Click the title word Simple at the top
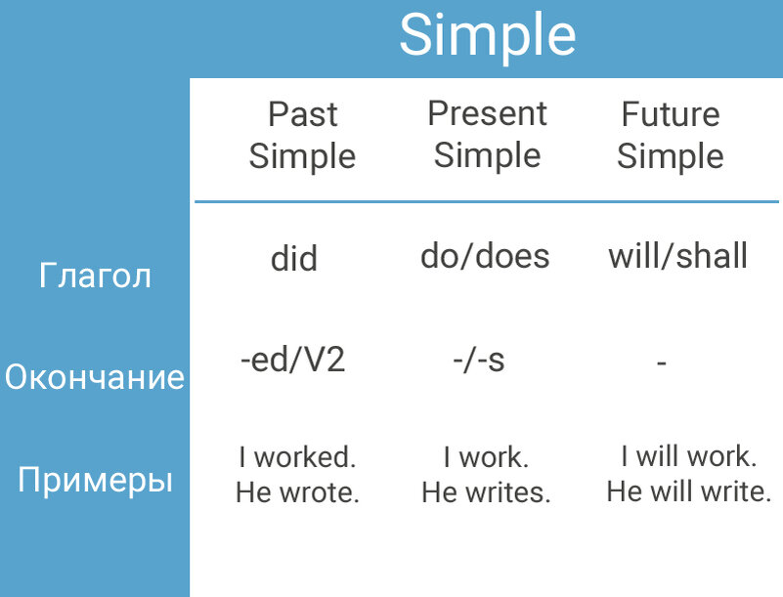click(x=488, y=36)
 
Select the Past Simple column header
click(x=302, y=135)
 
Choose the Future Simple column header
click(x=671, y=135)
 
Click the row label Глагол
click(x=95, y=276)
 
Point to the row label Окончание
click(x=95, y=376)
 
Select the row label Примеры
click(x=95, y=480)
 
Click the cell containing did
click(x=294, y=258)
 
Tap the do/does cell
click(x=485, y=256)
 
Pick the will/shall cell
click(x=677, y=256)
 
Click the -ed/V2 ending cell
click(x=292, y=360)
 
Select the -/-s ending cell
click(x=479, y=361)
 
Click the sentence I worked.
click(x=297, y=456)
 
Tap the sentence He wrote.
click(x=297, y=492)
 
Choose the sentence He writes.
click(x=487, y=492)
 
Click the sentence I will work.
click(x=689, y=456)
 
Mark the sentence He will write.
click(x=689, y=491)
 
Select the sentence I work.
click(x=487, y=456)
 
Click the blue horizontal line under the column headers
click(x=487, y=201)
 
